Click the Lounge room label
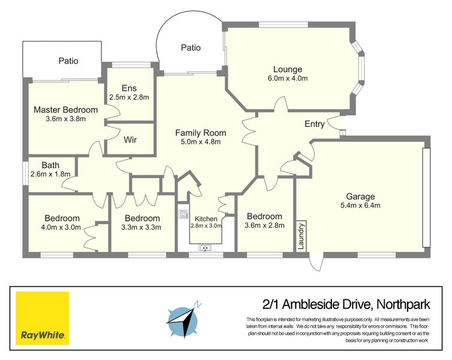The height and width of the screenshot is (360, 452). (288, 69)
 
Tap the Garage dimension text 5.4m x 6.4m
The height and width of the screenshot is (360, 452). (360, 206)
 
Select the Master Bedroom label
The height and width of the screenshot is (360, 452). (65, 110)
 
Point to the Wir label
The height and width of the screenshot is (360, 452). (130, 140)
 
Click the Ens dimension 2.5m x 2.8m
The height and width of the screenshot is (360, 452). (129, 97)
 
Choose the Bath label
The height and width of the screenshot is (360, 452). (50, 165)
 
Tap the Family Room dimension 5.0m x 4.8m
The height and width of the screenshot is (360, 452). (200, 142)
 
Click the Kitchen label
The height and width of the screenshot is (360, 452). (206, 218)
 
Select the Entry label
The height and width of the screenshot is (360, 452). (315, 124)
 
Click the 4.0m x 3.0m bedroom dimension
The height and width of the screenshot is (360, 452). (61, 227)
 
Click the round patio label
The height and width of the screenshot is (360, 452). (190, 48)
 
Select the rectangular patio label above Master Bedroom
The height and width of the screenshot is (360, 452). (68, 61)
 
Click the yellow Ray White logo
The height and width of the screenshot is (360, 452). (42, 318)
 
